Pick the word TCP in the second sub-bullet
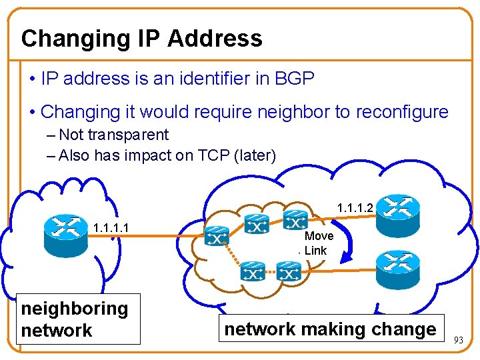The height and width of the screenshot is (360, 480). pyautogui.click(x=213, y=156)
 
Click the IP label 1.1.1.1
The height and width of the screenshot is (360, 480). pyautogui.click(x=111, y=229)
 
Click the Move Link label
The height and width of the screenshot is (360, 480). pyautogui.click(x=317, y=243)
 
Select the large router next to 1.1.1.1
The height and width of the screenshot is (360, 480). pyautogui.click(x=65, y=231)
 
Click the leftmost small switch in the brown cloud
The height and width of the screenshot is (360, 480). pyautogui.click(x=217, y=235)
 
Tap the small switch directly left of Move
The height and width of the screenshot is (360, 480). pyautogui.click(x=294, y=219)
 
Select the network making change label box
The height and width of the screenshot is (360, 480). pyautogui.click(x=330, y=329)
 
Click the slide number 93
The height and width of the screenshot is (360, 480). pyautogui.click(x=458, y=340)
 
